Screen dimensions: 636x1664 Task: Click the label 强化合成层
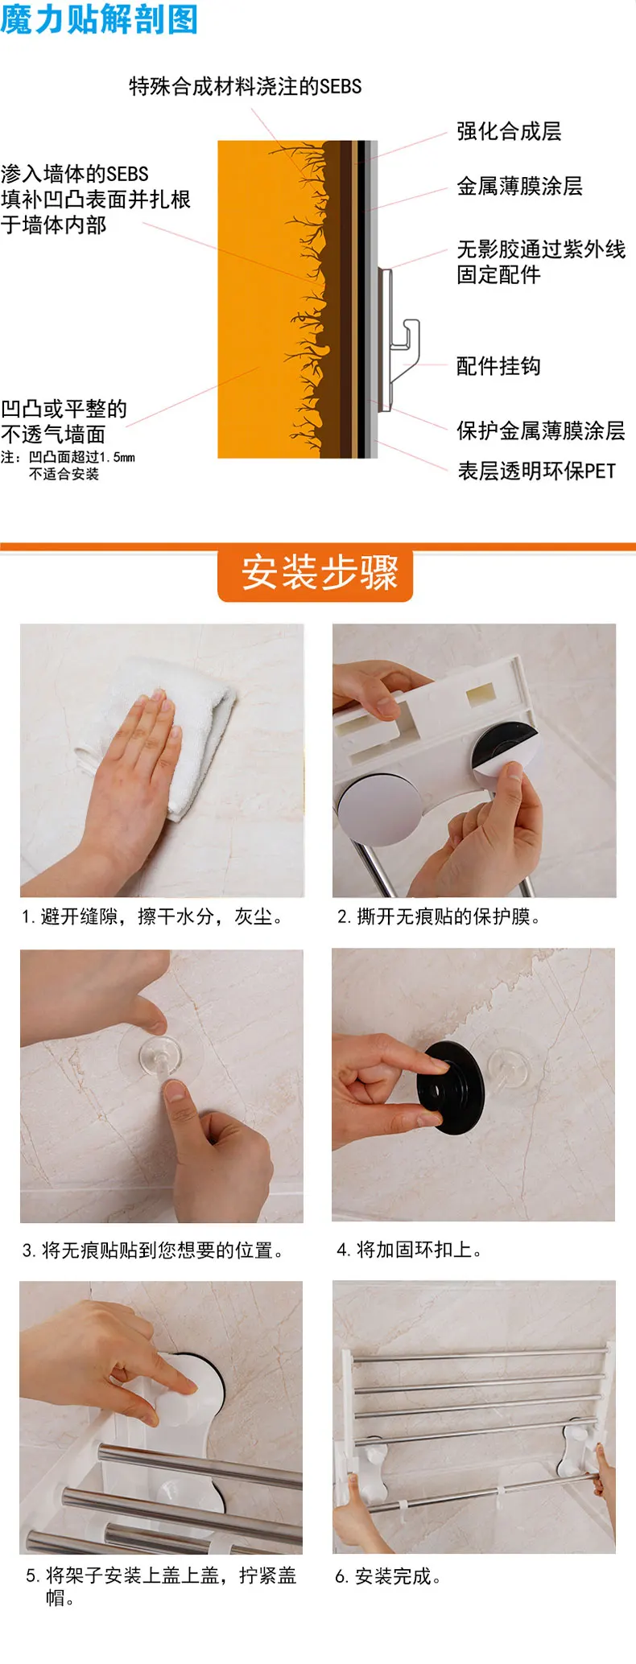tap(509, 131)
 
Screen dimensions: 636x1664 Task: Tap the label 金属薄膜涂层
tap(519, 186)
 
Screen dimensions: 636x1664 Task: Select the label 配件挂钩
tap(498, 366)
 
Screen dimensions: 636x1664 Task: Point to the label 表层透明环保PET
tap(536, 471)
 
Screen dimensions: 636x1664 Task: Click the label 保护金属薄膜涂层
tap(540, 430)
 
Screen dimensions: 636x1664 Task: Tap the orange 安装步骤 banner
tap(316, 573)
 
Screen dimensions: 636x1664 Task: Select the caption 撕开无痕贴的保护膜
tap(438, 916)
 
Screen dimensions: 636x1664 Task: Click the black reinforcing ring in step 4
tap(451, 1087)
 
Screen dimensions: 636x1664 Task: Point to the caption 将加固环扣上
tap(409, 1250)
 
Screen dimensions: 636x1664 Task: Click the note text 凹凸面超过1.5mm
tap(81, 457)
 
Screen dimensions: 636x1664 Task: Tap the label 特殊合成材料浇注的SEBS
tap(246, 86)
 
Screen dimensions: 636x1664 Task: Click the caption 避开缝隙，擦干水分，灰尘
tap(152, 916)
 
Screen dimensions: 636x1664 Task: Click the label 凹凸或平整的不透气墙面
tap(64, 422)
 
